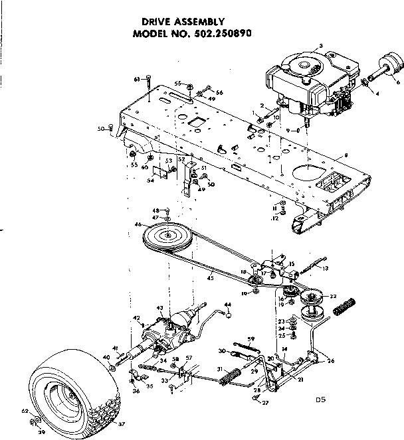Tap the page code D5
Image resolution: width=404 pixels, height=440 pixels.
click(321, 400)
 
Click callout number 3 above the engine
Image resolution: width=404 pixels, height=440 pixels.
click(321, 46)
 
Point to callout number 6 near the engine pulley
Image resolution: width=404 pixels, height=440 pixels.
click(398, 82)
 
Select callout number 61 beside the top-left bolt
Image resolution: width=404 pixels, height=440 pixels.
click(137, 79)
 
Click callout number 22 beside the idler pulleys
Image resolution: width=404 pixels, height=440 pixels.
click(334, 296)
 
